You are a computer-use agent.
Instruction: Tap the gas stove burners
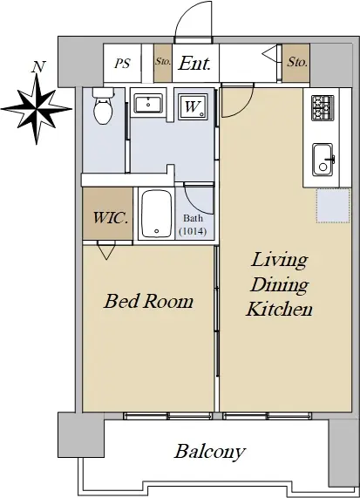pyautogui.click(x=323, y=108)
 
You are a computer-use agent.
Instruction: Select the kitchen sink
pyautogui.click(x=323, y=160)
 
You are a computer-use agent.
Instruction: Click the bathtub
pyautogui.click(x=157, y=214)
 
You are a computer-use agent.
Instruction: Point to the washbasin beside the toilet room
pyautogui.click(x=148, y=103)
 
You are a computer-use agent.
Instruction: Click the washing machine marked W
pyautogui.click(x=193, y=106)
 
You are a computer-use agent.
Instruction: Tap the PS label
pyautogui.click(x=123, y=63)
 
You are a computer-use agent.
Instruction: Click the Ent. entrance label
pyautogui.click(x=194, y=63)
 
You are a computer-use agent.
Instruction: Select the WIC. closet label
pyautogui.click(x=111, y=218)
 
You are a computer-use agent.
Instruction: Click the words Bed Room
pyautogui.click(x=148, y=301)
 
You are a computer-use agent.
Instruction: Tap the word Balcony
pyautogui.click(x=210, y=451)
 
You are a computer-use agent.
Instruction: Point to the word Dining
pyautogui.click(x=279, y=285)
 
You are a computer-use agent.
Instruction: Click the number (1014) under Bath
pyautogui.click(x=193, y=231)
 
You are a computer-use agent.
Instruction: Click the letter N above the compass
pyautogui.click(x=38, y=66)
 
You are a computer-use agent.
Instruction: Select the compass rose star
pyautogui.click(x=37, y=109)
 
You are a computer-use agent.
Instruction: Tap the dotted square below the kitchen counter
pyautogui.click(x=333, y=206)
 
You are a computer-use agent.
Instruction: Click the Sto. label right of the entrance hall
pyautogui.click(x=297, y=62)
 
